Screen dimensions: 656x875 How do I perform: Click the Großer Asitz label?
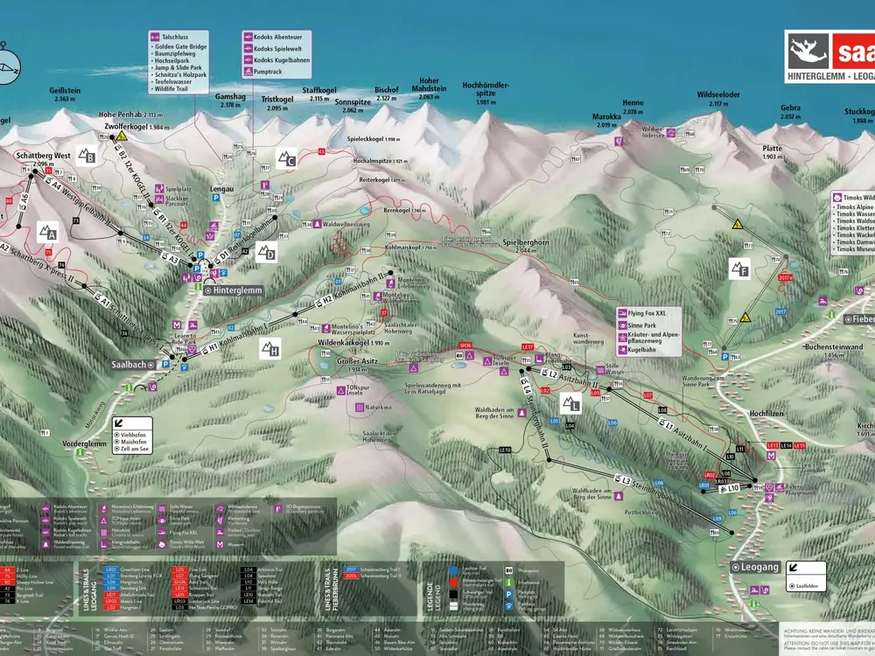[360, 360]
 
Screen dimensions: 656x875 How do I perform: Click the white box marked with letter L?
[570, 403]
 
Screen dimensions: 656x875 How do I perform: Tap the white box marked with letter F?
[739, 268]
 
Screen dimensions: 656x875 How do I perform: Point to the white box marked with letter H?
[269, 348]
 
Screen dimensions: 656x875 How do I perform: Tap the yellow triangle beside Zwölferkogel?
[123, 136]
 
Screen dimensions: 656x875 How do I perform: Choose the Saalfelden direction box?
[806, 569]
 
